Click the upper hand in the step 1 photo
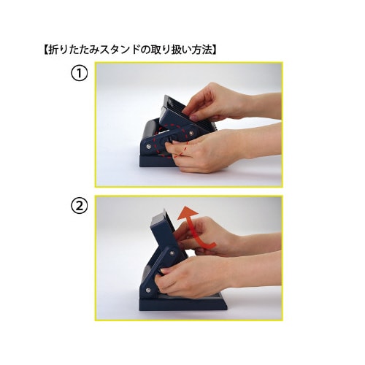[x=226, y=102]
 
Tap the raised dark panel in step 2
[x=165, y=230]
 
